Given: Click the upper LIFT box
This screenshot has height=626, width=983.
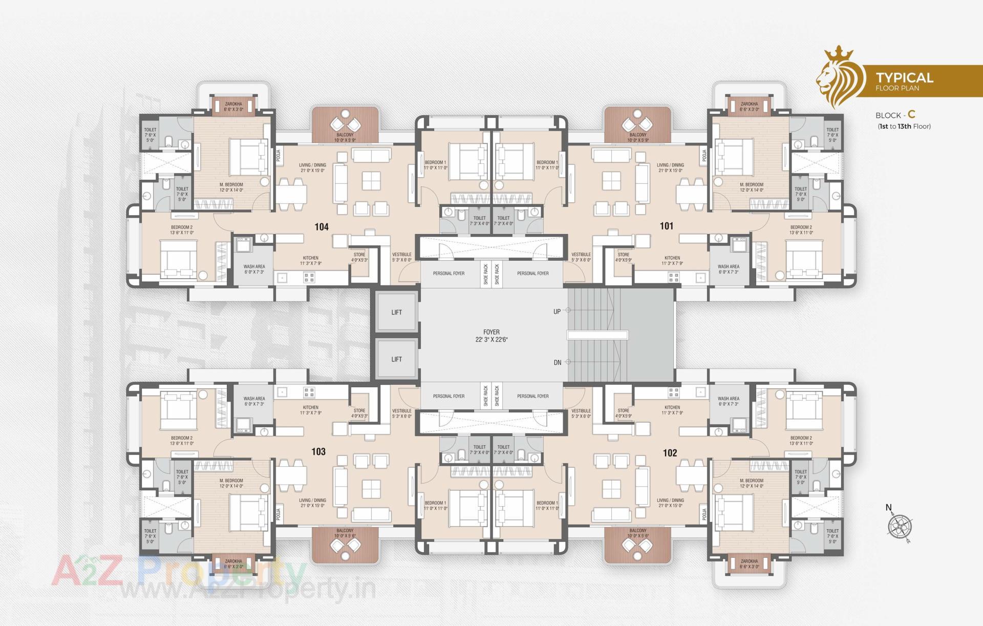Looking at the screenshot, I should (x=396, y=312).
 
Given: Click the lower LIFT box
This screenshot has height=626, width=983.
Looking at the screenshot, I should (x=396, y=359).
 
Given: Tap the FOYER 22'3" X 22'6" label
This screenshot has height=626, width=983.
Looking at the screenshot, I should (x=491, y=336).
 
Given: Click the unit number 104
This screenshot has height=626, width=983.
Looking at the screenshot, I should (x=322, y=227).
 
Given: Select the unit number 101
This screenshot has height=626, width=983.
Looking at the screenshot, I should (x=667, y=226).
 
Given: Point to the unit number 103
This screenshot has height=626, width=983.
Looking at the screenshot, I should (x=318, y=451).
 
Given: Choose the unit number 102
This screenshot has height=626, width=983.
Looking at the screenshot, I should (x=670, y=453).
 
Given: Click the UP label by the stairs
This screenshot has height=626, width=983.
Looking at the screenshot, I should (x=557, y=311).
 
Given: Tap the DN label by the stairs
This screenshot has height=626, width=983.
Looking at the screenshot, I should (x=558, y=363).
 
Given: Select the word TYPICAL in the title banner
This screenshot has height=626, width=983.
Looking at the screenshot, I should (x=904, y=78).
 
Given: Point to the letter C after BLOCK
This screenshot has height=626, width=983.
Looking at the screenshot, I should (x=911, y=115).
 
